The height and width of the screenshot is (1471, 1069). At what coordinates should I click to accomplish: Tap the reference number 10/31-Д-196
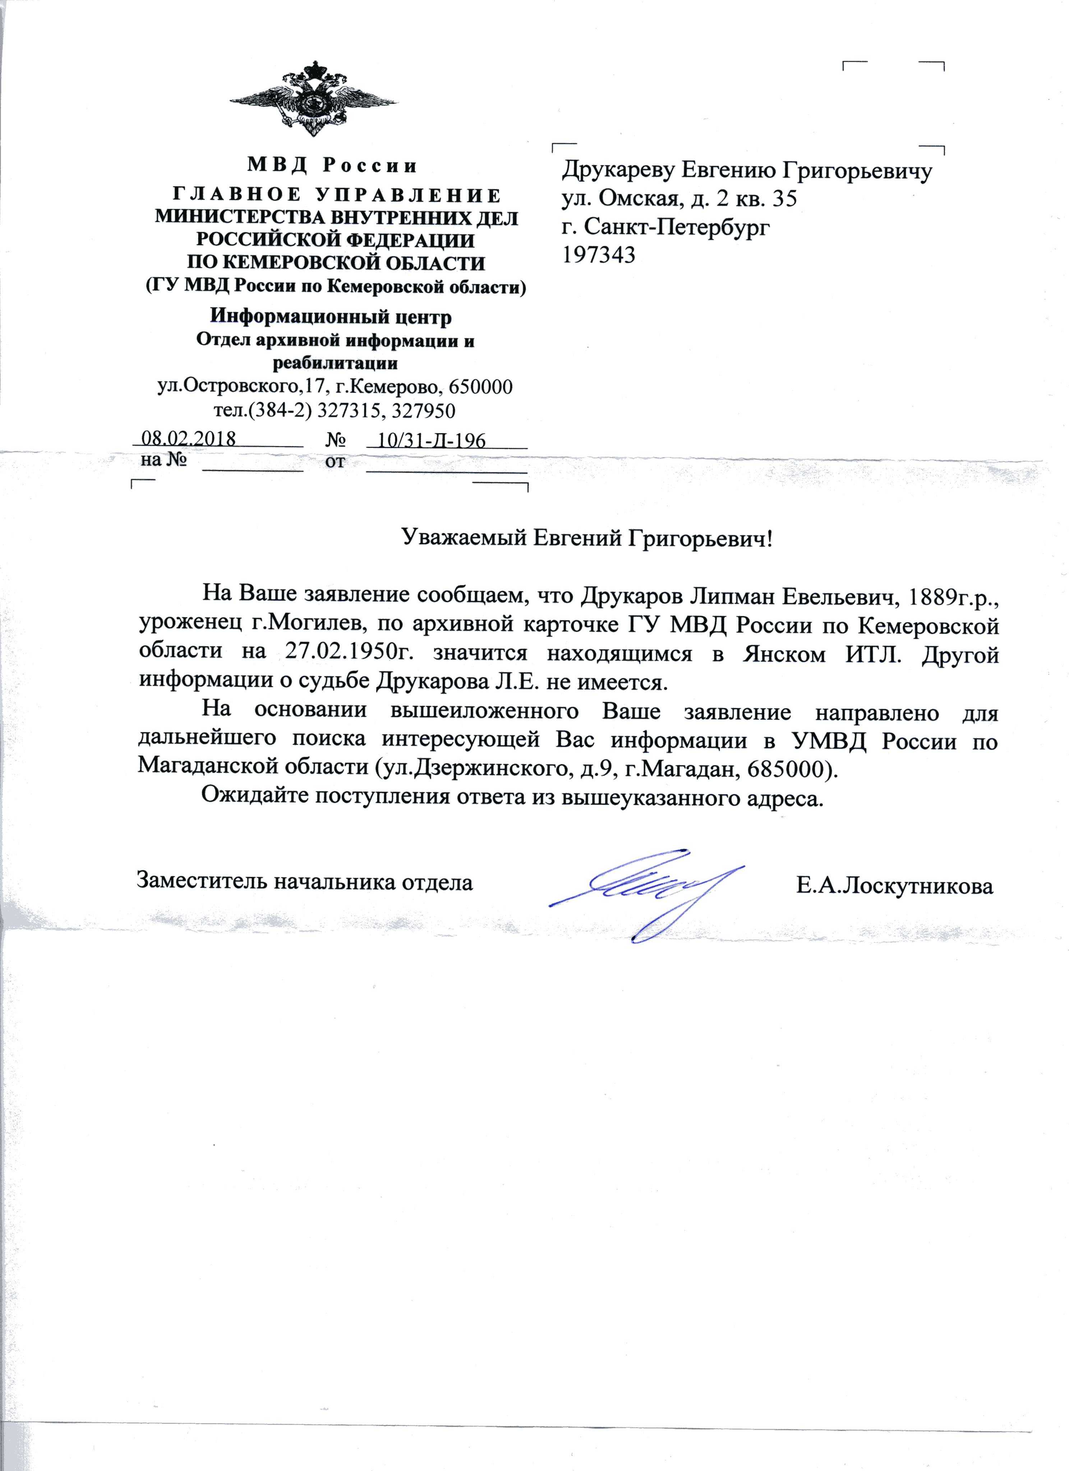pyautogui.click(x=431, y=441)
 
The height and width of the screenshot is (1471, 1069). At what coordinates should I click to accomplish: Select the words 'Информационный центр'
pyautogui.click(x=331, y=317)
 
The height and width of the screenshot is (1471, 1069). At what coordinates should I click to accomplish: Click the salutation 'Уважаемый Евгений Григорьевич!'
pyautogui.click(x=588, y=538)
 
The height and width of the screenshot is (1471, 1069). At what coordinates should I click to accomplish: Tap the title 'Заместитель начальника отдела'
pyautogui.click(x=304, y=882)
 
